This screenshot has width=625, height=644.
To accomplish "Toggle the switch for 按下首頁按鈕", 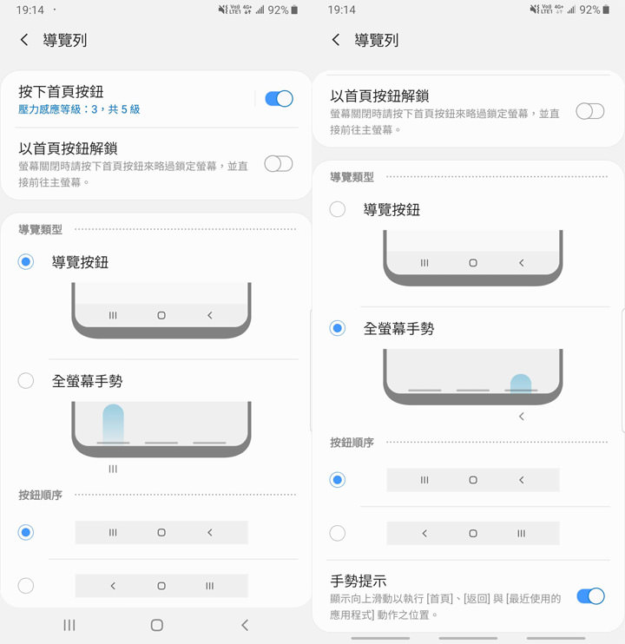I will [x=279, y=98].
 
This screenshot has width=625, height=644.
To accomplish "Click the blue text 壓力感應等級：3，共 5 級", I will [x=79, y=109].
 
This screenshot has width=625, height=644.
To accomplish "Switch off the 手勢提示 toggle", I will [x=590, y=596].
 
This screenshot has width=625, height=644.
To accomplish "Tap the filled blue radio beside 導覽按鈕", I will [x=26, y=261].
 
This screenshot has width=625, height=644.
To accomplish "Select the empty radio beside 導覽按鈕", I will [x=338, y=209].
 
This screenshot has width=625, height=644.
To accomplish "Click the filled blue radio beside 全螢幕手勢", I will [x=338, y=328].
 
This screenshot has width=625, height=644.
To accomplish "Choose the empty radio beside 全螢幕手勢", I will [x=26, y=380].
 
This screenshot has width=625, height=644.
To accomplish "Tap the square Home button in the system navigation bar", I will [x=157, y=625].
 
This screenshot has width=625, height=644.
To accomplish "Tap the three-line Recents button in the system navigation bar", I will [x=69, y=625].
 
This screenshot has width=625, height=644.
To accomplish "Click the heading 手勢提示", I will [x=359, y=581].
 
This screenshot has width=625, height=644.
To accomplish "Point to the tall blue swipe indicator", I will [x=113, y=423].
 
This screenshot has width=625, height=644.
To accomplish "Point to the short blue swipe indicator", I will [x=521, y=383].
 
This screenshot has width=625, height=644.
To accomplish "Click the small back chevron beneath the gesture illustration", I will [x=521, y=417].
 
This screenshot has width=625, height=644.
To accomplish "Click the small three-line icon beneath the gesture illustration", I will [x=113, y=469].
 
